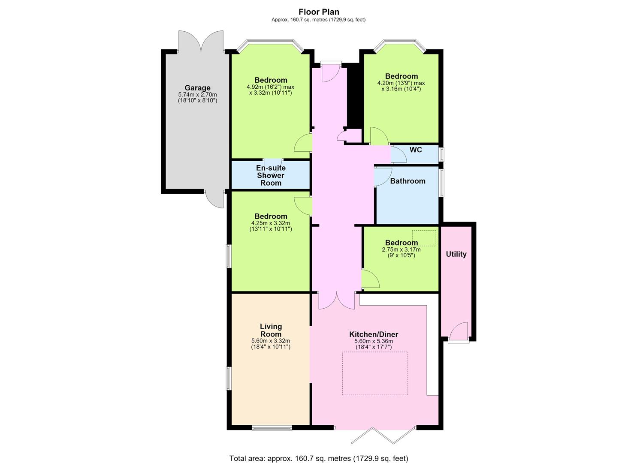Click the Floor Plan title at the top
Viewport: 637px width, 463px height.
pos(318,12)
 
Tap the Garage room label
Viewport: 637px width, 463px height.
pos(197,88)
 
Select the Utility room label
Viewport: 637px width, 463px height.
pos(456,254)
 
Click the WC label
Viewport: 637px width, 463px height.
pos(416,150)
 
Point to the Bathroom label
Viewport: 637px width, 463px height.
pos(408,181)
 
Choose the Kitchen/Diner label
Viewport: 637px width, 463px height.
pos(374,334)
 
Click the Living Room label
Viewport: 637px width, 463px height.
pos(271,330)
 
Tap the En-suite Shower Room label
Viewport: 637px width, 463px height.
pos(271,175)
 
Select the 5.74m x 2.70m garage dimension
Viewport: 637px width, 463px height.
pos(197,94)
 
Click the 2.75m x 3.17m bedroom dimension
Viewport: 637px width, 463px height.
pos(401,250)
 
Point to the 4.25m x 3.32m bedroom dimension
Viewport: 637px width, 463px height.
pos(271,223)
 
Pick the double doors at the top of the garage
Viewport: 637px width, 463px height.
pos(201,42)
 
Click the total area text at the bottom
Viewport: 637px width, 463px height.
pos(318,450)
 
